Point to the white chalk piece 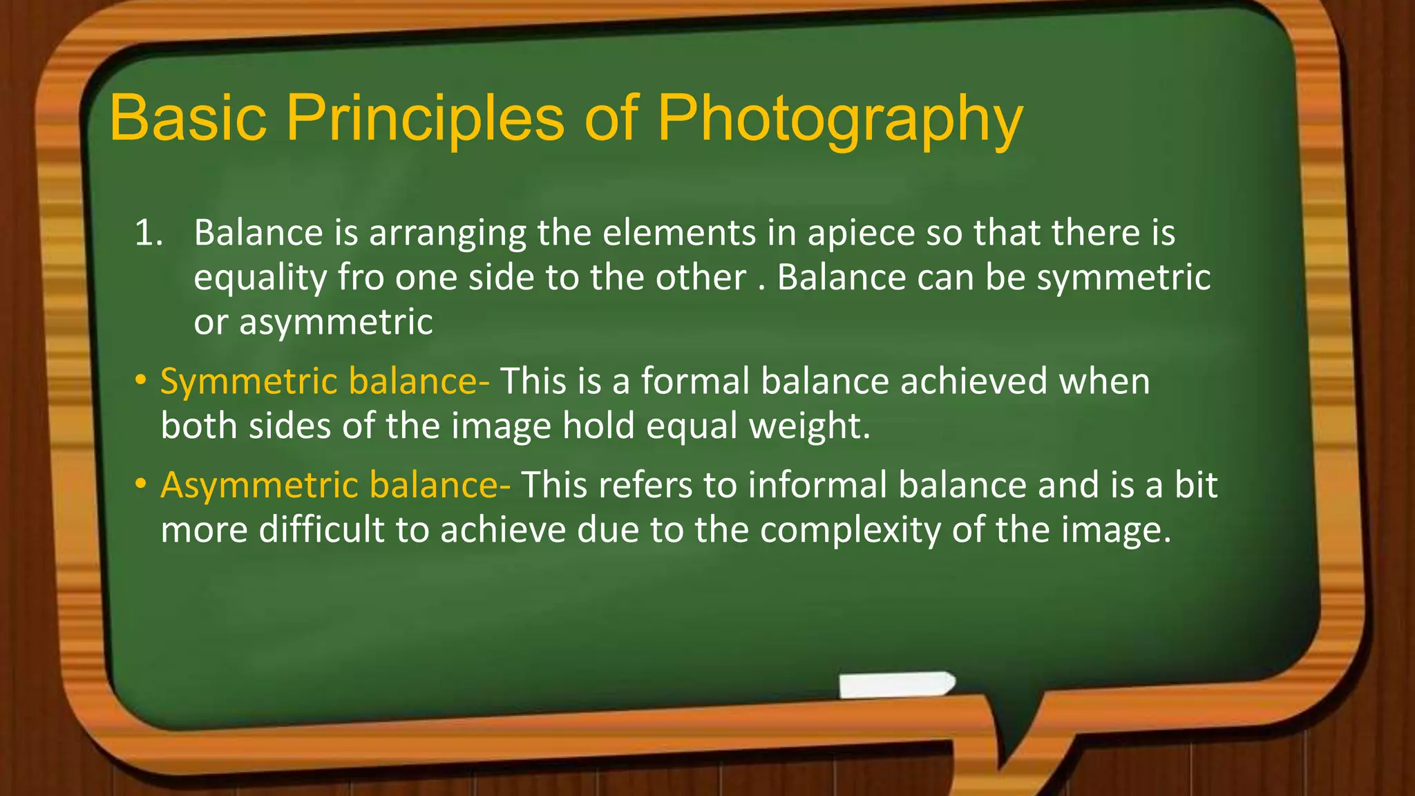[897, 684]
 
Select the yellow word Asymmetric [259, 485]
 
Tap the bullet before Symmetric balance [141, 381]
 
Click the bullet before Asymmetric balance [141, 484]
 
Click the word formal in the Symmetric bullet [695, 381]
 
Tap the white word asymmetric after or [336, 323]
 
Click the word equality [260, 279]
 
